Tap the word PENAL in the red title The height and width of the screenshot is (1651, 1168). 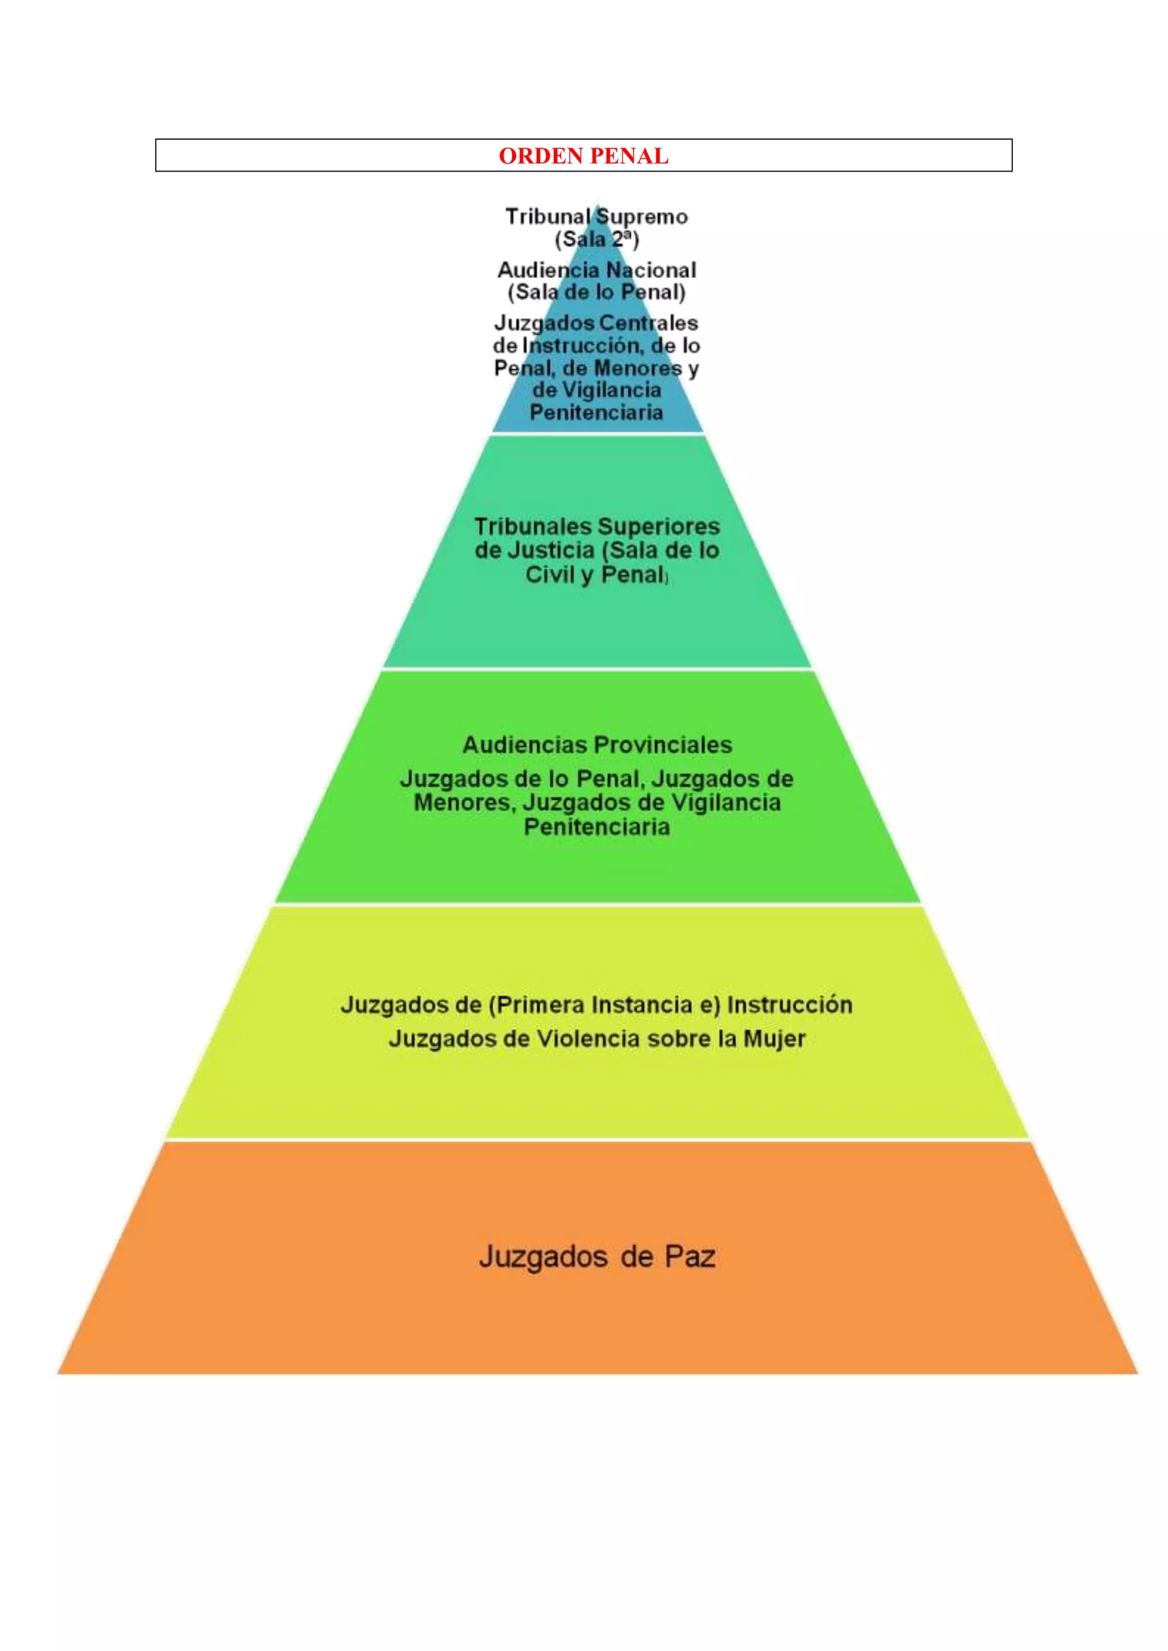tap(631, 156)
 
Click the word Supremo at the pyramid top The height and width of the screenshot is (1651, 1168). tap(642, 217)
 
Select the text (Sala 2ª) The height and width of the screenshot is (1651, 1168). tap(597, 239)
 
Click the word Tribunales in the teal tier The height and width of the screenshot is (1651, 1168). tap(532, 526)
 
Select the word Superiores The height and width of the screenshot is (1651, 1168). tap(659, 526)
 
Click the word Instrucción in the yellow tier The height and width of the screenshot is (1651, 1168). tap(790, 1005)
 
